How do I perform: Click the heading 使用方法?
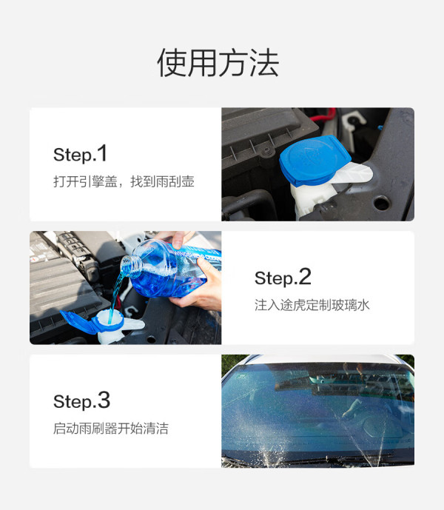pyautogui.click(x=218, y=63)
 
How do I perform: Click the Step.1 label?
pyautogui.click(x=80, y=153)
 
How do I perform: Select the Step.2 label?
pyautogui.click(x=283, y=278)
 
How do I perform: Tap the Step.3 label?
pyautogui.click(x=81, y=400)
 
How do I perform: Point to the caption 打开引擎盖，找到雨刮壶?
pyautogui.click(x=124, y=181)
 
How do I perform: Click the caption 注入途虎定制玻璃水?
pyautogui.click(x=312, y=305)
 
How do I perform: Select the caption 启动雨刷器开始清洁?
pyautogui.click(x=111, y=429)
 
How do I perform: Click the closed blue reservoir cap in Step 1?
pyautogui.click(x=314, y=160)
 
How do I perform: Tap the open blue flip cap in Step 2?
pyautogui.click(x=78, y=322)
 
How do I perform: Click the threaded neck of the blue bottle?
pyautogui.click(x=132, y=265)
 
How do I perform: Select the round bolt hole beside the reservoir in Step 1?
pyautogui.click(x=382, y=203)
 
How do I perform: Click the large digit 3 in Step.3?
pyautogui.click(x=104, y=400)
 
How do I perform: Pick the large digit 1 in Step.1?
pyautogui.click(x=102, y=153)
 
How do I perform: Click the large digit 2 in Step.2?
pyautogui.click(x=305, y=277)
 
